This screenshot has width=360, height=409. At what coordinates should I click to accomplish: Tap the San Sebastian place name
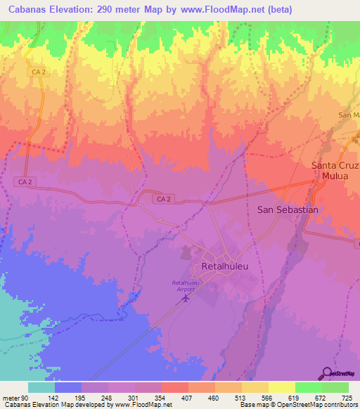coord(288,209)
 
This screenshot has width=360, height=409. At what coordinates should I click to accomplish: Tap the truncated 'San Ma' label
coord(349,115)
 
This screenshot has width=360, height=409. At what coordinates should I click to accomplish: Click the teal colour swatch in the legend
coord(41,387)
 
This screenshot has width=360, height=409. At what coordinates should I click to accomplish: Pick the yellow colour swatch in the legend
coord(282,387)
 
